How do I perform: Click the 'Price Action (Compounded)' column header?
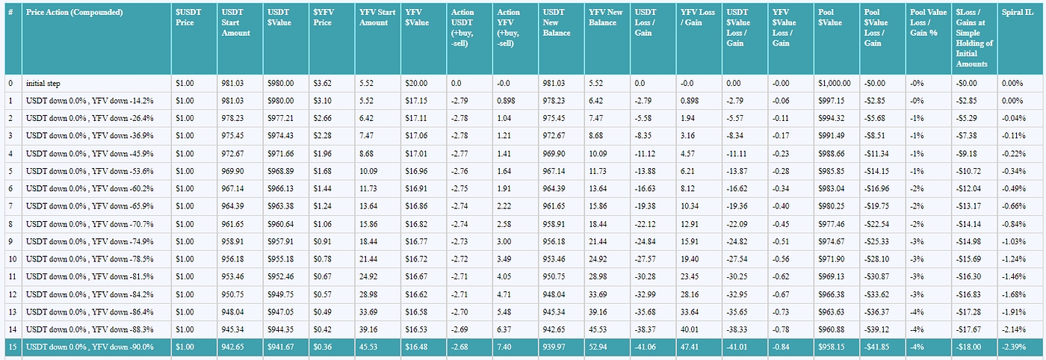click(74, 13)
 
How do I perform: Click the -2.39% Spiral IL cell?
click(1013, 347)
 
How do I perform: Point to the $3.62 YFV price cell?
click(323, 83)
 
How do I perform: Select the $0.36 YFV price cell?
click(323, 347)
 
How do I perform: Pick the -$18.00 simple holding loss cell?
click(969, 347)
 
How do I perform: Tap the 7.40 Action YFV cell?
click(505, 347)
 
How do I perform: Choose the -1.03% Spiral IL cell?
click(1013, 241)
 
